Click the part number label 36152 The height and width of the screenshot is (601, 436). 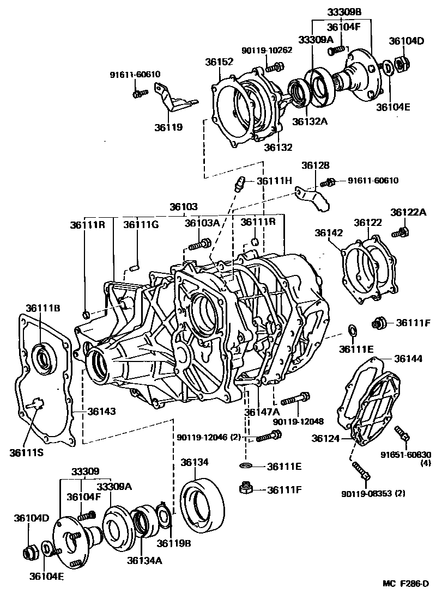219,62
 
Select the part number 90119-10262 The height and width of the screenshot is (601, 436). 267,50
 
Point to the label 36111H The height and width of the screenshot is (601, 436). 275,181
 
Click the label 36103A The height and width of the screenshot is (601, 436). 202,223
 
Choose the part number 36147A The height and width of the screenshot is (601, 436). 262,412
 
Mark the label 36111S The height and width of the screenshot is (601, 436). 26,451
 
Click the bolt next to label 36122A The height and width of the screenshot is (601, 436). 401,233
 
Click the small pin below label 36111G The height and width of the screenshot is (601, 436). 136,267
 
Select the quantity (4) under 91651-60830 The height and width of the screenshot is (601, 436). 425,463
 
